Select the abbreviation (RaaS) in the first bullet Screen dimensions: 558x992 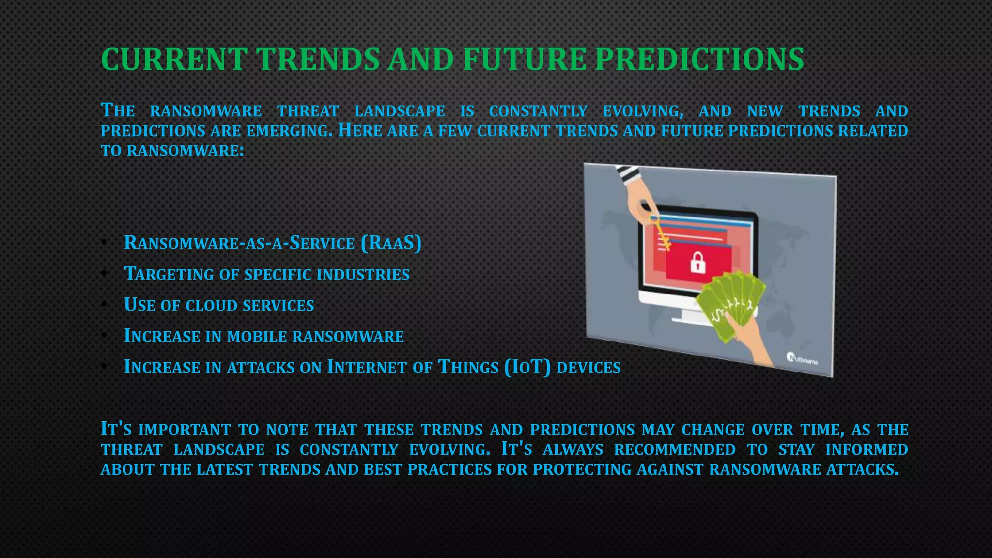point(391,243)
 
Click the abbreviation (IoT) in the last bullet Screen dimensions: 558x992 point(527,367)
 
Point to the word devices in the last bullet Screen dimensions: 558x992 point(589,368)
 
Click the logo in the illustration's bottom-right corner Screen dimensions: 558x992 point(802,359)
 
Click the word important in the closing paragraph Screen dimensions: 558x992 point(185,430)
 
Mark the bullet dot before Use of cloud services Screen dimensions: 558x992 point(104,305)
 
